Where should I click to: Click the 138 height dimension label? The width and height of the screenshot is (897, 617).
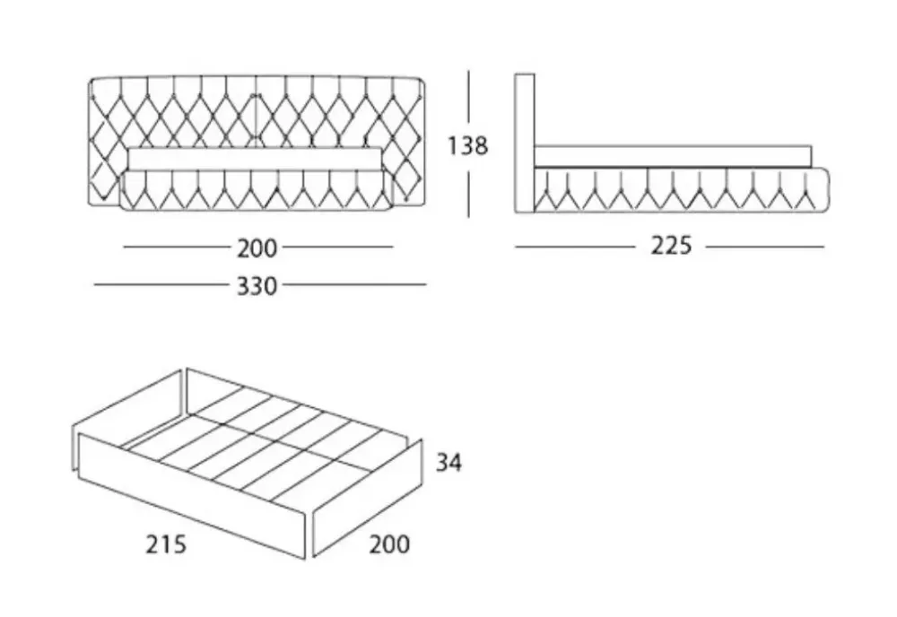tap(468, 145)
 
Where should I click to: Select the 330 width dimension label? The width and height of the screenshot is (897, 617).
tap(257, 286)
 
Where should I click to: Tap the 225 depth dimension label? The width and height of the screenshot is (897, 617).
tap(671, 246)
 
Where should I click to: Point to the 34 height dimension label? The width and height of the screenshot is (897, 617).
tap(450, 464)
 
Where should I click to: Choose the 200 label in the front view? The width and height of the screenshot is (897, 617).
tap(257, 247)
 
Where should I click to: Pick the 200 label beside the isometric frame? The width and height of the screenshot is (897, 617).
tap(388, 543)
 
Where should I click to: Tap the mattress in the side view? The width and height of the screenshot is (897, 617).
tap(673, 156)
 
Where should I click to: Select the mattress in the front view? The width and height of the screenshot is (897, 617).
tap(256, 159)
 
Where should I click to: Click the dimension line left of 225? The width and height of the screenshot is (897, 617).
tap(574, 246)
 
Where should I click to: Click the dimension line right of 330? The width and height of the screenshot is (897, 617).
tap(353, 286)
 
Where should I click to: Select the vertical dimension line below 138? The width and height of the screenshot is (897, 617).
tap(468, 190)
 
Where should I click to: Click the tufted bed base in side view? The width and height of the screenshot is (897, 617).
tap(682, 190)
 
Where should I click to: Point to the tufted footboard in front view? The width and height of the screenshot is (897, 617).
tap(256, 190)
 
